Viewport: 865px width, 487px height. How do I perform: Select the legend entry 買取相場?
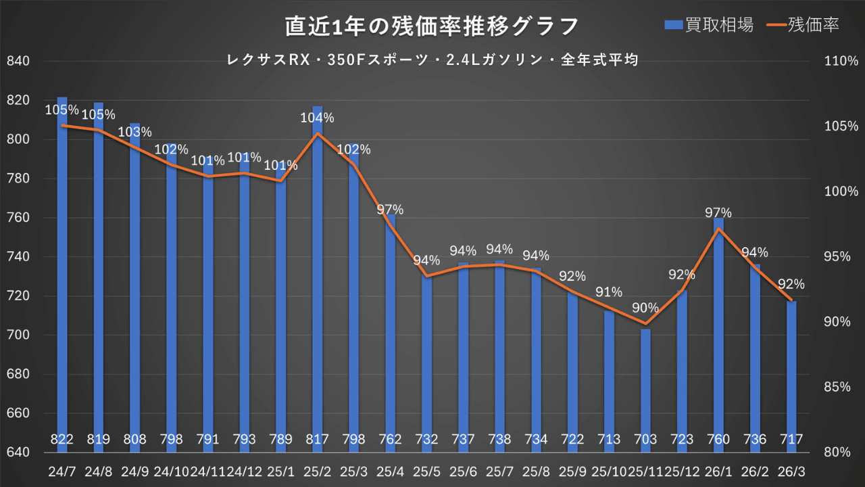(710, 25)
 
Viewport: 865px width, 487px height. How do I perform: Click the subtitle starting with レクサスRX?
(432, 60)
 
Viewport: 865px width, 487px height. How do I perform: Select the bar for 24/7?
(62, 271)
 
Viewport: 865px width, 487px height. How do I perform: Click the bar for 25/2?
(317, 271)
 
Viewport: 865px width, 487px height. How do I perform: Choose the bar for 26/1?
(718, 325)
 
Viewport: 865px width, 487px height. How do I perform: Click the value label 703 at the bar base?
(645, 440)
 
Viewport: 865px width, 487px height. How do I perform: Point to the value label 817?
(317, 440)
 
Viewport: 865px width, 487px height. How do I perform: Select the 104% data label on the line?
(317, 118)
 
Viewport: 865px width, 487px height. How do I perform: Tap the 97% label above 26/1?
(718, 213)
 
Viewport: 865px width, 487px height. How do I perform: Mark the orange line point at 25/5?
(426, 276)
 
